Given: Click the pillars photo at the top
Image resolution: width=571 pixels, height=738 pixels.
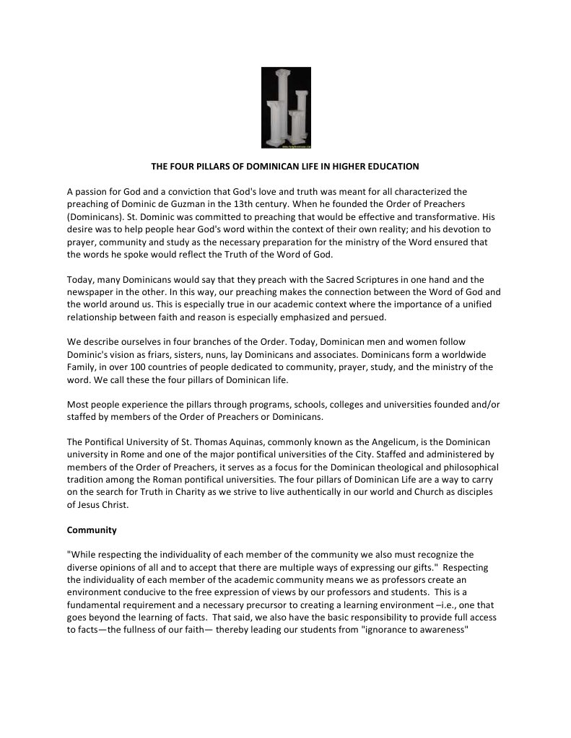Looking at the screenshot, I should [286, 107].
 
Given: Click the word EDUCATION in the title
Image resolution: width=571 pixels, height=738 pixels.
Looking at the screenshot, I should [391, 167].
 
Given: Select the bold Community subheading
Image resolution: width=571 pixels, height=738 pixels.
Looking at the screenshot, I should [92, 530].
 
